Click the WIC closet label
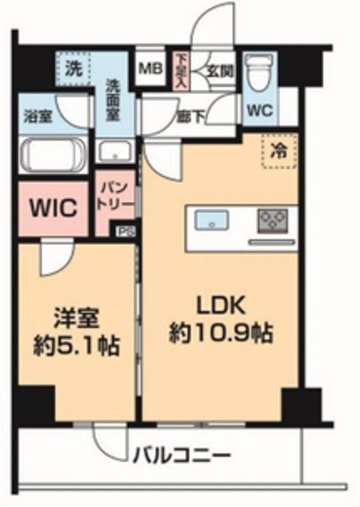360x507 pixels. (x=53, y=209)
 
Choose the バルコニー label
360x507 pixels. (x=182, y=456)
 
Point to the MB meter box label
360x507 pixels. (x=149, y=67)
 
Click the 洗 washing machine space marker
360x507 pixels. (x=73, y=67)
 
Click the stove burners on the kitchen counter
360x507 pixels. (x=274, y=218)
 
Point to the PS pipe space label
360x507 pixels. (x=124, y=231)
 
